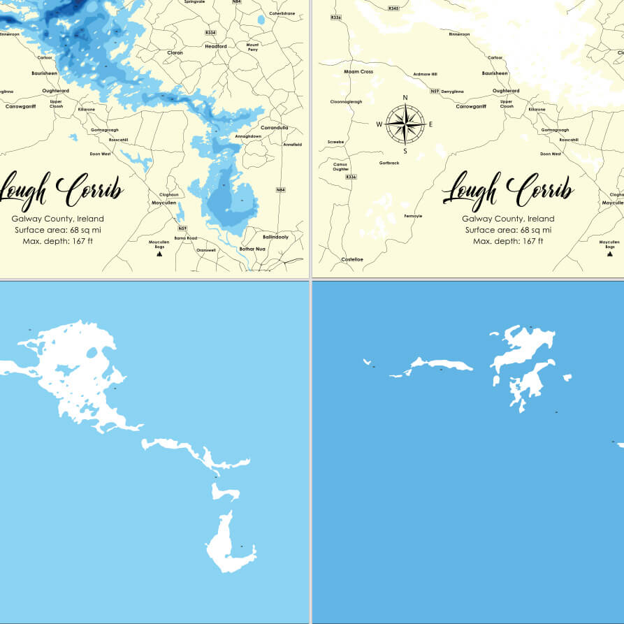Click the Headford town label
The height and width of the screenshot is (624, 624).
click(216, 46)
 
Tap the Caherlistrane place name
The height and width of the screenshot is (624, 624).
click(282, 13)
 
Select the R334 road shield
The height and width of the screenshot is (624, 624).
click(210, 33)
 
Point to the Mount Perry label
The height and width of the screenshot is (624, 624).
click(252, 48)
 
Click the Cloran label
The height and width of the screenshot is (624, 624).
click(175, 52)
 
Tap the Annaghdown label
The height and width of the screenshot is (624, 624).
click(248, 136)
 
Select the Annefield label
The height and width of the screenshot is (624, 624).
click(292, 145)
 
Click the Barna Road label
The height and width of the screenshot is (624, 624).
click(184, 238)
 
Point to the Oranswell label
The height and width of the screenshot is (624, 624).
click(206, 249)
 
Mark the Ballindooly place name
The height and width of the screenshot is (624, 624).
click(275, 237)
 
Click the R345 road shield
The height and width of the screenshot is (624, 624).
click(393, 8)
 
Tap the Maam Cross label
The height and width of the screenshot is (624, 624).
click(358, 71)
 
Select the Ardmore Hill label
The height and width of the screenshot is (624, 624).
click(425, 74)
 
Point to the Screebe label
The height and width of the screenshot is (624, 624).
click(335, 142)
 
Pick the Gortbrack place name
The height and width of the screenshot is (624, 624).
click(389, 163)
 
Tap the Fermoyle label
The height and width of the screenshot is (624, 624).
click(413, 216)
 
